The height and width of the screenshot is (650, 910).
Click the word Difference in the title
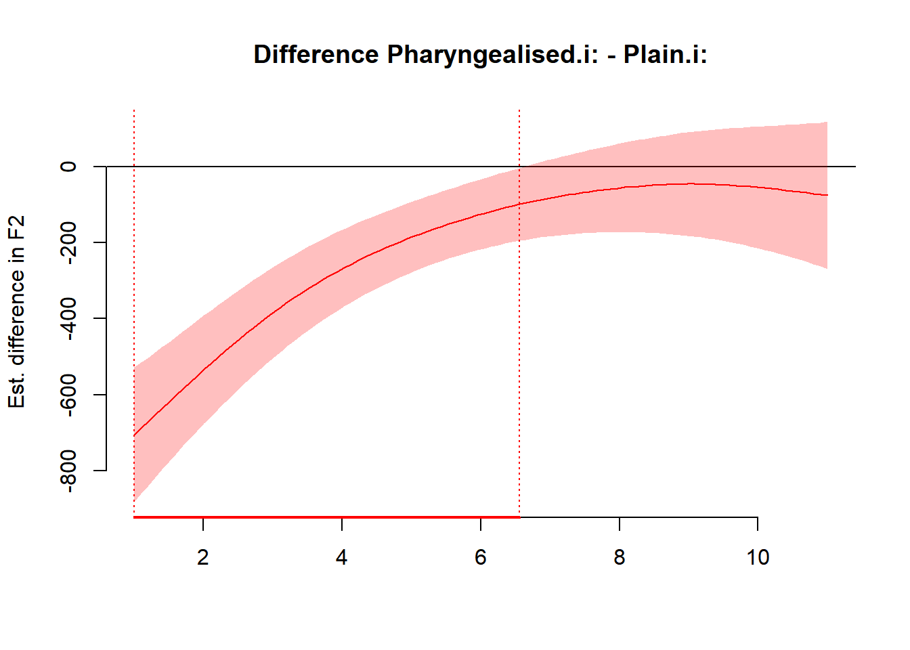(x=316, y=54)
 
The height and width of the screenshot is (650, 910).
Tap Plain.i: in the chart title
(x=665, y=54)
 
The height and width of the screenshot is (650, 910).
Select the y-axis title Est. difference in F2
(x=17, y=311)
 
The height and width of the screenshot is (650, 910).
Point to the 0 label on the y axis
(x=68, y=167)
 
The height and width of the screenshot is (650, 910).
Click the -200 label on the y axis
(x=68, y=242)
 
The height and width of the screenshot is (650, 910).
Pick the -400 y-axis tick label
(x=68, y=318)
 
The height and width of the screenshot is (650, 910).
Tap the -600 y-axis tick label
(x=68, y=394)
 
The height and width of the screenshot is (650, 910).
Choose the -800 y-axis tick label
(x=68, y=470)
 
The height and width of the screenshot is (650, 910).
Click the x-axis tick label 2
(x=203, y=557)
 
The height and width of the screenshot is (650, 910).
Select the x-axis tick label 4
(x=342, y=557)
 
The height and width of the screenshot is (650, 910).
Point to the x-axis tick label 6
(x=481, y=557)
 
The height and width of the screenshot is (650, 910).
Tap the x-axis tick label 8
(x=620, y=557)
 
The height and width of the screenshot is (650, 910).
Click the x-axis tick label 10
(x=758, y=557)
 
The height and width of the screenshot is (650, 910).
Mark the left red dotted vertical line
(x=134, y=271)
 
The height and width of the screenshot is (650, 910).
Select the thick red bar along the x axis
(x=325, y=517)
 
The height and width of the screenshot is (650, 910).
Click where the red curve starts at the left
(x=135, y=435)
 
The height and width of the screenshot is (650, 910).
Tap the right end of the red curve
(x=827, y=195)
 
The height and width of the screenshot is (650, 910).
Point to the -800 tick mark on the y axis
(x=100, y=470)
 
